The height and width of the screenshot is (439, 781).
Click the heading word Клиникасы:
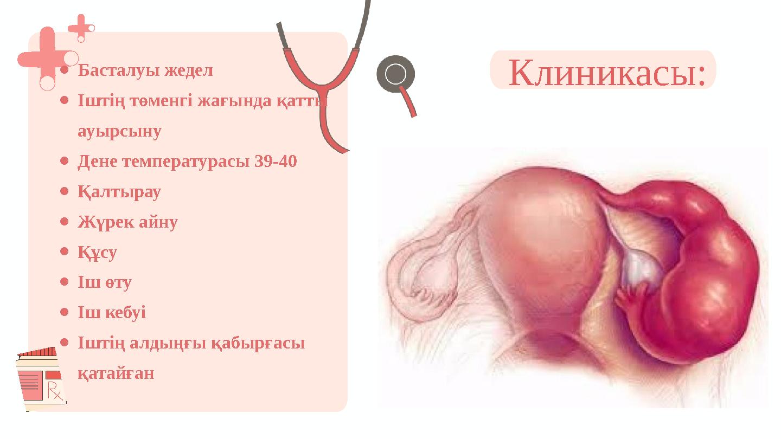608,72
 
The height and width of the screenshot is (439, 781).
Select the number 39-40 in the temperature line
275,162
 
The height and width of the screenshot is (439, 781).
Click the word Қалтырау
119,192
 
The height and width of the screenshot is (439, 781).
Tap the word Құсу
98,253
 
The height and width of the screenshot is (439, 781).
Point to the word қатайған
116,373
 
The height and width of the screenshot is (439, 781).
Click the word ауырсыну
119,131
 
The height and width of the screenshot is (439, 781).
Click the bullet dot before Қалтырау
64,191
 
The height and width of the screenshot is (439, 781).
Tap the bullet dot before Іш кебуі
64,312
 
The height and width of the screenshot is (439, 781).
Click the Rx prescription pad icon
41,379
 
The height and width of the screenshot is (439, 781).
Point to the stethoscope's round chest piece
395,74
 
